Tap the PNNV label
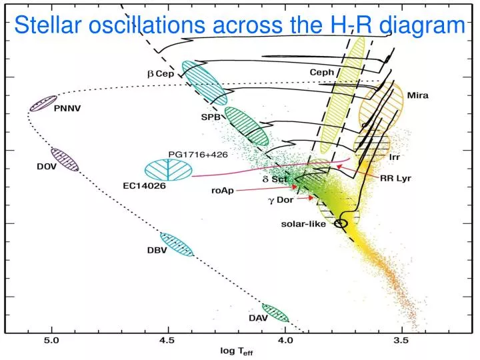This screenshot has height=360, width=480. coord(67,108)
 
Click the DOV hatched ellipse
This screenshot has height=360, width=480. coord(65,160)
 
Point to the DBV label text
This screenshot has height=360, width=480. coord(157,250)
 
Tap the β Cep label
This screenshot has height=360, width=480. coord(160,74)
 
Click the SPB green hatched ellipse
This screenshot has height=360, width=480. coord(246,125)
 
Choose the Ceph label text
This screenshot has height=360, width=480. coord(322,72)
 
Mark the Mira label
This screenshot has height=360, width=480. coord(417,95)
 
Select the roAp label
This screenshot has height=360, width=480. coord(223,190)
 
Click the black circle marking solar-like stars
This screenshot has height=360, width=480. coord(341,223)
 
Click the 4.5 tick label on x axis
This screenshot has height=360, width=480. coord(167,341)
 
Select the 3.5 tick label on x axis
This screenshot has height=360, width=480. coord(402,341)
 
